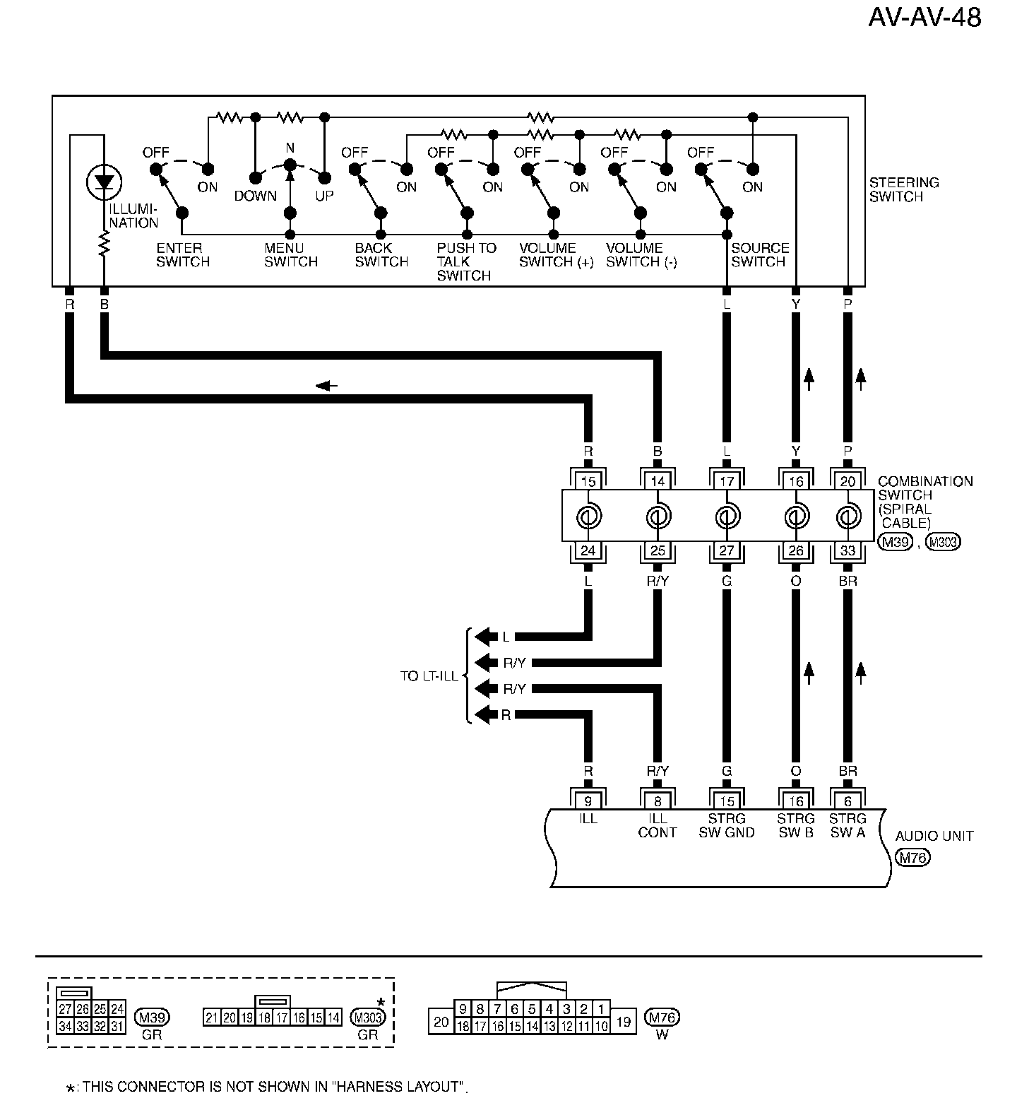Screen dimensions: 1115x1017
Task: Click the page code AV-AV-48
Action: (x=924, y=18)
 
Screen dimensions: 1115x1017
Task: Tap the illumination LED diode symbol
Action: (x=104, y=183)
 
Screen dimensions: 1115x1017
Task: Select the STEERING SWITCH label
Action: (x=903, y=189)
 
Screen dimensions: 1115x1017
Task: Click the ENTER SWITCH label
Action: (x=183, y=255)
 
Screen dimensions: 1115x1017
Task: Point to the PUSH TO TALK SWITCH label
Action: (x=465, y=261)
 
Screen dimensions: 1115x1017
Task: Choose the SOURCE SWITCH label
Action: (x=759, y=255)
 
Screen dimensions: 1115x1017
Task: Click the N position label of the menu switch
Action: (x=290, y=148)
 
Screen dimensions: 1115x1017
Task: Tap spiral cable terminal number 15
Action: (x=588, y=482)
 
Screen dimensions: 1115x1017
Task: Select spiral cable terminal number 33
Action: (x=847, y=550)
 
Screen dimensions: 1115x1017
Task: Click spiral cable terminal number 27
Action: (x=727, y=550)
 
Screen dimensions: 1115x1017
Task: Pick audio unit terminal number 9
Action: (x=588, y=801)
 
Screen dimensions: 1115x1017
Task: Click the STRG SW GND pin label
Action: (x=727, y=825)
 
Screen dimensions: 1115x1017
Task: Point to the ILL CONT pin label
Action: (x=658, y=825)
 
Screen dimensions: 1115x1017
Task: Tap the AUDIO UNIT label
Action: (x=934, y=836)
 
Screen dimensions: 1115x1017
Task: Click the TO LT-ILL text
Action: (x=429, y=676)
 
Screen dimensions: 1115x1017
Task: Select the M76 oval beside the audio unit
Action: (x=912, y=858)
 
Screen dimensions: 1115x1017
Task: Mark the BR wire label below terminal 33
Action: (x=847, y=582)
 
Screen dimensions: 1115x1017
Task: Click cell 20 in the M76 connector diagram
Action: (x=441, y=1022)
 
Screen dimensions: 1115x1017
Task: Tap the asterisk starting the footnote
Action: (x=70, y=1089)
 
